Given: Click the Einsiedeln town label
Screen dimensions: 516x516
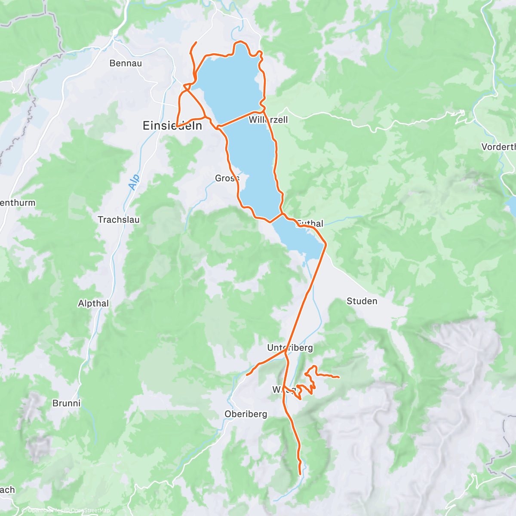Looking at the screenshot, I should pos(172,126).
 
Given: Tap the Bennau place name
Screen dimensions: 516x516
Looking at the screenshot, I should pos(126,63).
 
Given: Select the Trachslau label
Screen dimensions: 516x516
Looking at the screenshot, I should pos(119,220).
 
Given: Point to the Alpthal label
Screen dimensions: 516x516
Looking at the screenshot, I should pos(93,304).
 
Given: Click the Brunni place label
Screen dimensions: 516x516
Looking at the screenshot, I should pos(66,403).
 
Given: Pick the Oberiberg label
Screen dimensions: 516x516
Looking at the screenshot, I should pos(246,414).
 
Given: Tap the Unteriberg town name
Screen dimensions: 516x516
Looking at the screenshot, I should pos(290,347).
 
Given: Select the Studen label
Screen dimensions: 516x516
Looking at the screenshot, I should pos(362,301).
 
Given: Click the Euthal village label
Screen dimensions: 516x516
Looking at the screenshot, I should pos(310,224).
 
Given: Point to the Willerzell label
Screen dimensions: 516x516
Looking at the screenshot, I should pos(268,120).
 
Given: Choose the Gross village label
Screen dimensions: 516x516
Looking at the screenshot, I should pos(227,178).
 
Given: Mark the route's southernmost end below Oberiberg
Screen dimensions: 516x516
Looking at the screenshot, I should pos(300,474).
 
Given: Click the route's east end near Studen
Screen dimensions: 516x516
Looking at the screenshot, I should pos(339,378).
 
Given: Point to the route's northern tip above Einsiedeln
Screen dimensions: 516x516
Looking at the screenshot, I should pos(197,43).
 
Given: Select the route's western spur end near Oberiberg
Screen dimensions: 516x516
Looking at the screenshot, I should pos(247,375).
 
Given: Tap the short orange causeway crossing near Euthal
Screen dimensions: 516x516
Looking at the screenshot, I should pos(276,218).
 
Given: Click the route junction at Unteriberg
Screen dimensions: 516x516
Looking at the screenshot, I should pos(286,351).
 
